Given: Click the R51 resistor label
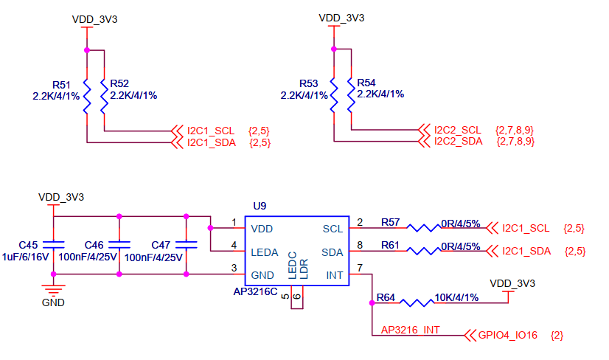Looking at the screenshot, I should pyautogui.click(x=63, y=83).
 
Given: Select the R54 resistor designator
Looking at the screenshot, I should pyautogui.click(x=366, y=83).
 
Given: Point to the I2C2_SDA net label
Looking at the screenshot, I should pyautogui.click(x=458, y=141).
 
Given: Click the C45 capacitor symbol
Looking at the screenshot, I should pyautogui.click(x=50, y=244).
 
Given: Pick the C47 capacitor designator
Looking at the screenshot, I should pyautogui.click(x=161, y=245).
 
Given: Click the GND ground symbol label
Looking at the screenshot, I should pyautogui.click(x=53, y=302).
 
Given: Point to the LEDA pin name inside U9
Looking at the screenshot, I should pyautogui.click(x=265, y=252).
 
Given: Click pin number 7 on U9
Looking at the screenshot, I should pyautogui.click(x=359, y=267).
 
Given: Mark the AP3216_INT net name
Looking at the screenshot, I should pyautogui.click(x=410, y=330).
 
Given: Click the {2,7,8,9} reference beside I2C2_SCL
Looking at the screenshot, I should pyautogui.click(x=515, y=130).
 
